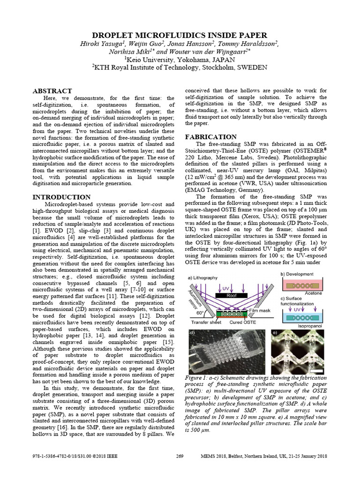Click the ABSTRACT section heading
pos(52,91)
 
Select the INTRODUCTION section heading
pos(61,197)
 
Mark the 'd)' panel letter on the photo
pos(192,334)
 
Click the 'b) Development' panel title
pos(300,274)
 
